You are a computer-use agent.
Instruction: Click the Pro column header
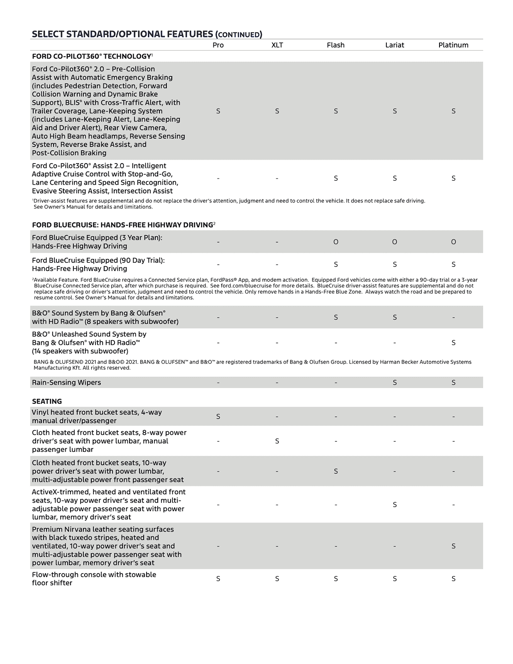point(218,45)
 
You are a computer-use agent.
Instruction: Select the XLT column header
point(277,45)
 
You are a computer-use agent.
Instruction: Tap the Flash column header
point(335,45)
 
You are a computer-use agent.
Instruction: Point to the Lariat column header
point(394,45)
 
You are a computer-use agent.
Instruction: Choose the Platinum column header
point(453,45)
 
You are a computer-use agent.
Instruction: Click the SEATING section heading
point(47,401)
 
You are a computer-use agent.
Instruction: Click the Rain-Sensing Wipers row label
point(66,383)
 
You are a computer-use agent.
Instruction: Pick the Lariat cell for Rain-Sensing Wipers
point(395,383)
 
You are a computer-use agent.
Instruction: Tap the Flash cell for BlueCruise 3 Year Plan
point(336,242)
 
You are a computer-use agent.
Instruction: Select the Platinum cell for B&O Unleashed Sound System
point(454,343)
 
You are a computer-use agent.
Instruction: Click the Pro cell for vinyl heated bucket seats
point(218,417)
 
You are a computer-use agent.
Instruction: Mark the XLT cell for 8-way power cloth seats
point(277,441)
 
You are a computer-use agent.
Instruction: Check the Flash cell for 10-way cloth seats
point(336,471)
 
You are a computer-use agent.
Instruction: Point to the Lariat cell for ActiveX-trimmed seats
point(395,505)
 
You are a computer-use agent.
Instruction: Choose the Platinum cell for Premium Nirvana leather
point(454,546)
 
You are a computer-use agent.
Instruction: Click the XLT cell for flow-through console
point(277,579)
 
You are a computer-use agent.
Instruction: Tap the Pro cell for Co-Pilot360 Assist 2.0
point(218,178)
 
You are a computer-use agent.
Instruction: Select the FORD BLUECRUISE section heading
point(122,225)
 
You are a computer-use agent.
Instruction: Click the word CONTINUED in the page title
point(239,35)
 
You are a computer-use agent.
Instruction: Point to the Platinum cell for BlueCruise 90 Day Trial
point(454,264)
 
